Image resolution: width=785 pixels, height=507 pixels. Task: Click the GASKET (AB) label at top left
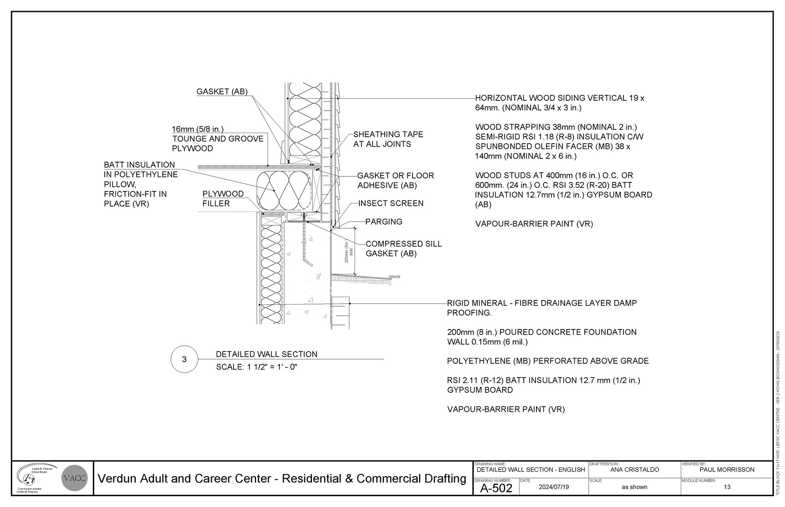pos(222,91)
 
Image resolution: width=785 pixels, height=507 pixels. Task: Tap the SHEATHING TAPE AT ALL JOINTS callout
pos(388,139)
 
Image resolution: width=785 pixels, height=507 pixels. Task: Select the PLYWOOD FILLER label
pos(223,199)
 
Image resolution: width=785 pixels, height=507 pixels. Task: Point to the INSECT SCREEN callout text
pos(390,203)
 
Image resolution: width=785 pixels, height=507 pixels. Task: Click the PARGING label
pos(384,222)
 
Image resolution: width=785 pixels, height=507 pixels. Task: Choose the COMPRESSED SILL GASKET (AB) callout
pos(404,249)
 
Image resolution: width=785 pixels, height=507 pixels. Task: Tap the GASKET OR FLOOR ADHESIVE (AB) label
pos(395,180)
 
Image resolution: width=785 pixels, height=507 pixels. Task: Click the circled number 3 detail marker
pos(184,359)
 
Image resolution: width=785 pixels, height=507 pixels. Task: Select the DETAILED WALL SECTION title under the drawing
pos(266,354)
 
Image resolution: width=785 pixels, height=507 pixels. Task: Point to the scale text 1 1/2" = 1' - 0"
pos(256,367)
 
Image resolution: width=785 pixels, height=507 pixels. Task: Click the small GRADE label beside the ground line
pos(395,277)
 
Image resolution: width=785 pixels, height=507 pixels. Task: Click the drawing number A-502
pos(496,488)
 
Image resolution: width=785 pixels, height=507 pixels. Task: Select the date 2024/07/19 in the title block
pos(554,487)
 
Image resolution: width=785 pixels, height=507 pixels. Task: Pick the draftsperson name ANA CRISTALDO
pos(635,470)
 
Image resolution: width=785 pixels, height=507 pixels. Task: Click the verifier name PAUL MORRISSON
pos(727,470)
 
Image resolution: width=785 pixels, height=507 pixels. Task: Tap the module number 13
pos(727,487)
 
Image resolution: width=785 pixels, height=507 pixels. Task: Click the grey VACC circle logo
pos(75,478)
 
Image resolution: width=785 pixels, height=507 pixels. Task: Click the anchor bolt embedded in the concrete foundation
pos(305,245)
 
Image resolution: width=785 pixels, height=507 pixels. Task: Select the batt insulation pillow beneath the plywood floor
pos(283,190)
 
